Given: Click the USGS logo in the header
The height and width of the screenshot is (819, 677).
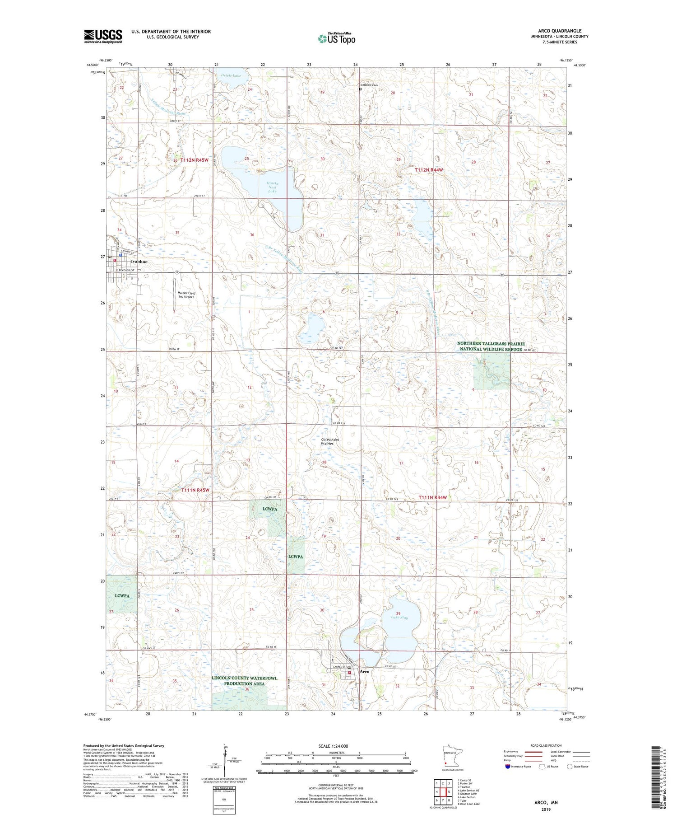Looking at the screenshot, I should pyautogui.click(x=103, y=36).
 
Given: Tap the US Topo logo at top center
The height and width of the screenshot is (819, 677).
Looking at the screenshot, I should pyautogui.click(x=337, y=39).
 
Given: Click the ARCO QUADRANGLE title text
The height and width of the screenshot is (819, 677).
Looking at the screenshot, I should pyautogui.click(x=553, y=31).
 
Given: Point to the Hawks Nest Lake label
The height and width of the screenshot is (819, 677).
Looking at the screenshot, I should pyautogui.click(x=272, y=187).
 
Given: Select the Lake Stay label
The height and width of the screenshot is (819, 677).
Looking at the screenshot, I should pyautogui.click(x=399, y=617).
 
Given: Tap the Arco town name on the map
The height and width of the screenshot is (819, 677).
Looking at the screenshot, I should pyautogui.click(x=364, y=672).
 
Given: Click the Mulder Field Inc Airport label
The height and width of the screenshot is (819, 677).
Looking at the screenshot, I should pyautogui.click(x=186, y=295).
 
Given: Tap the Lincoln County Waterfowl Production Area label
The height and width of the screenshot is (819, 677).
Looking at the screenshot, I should pyautogui.click(x=244, y=681).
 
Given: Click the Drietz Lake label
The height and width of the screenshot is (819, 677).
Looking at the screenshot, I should pyautogui.click(x=232, y=75).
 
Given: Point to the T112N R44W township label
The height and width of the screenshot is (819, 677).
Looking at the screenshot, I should pyautogui.click(x=429, y=170).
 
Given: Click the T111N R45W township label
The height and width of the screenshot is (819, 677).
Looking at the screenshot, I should pyautogui.click(x=195, y=490).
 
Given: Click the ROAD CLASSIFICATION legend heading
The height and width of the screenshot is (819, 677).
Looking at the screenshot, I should pyautogui.click(x=546, y=745).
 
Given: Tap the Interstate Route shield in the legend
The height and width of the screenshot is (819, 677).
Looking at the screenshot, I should pyautogui.click(x=508, y=767).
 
